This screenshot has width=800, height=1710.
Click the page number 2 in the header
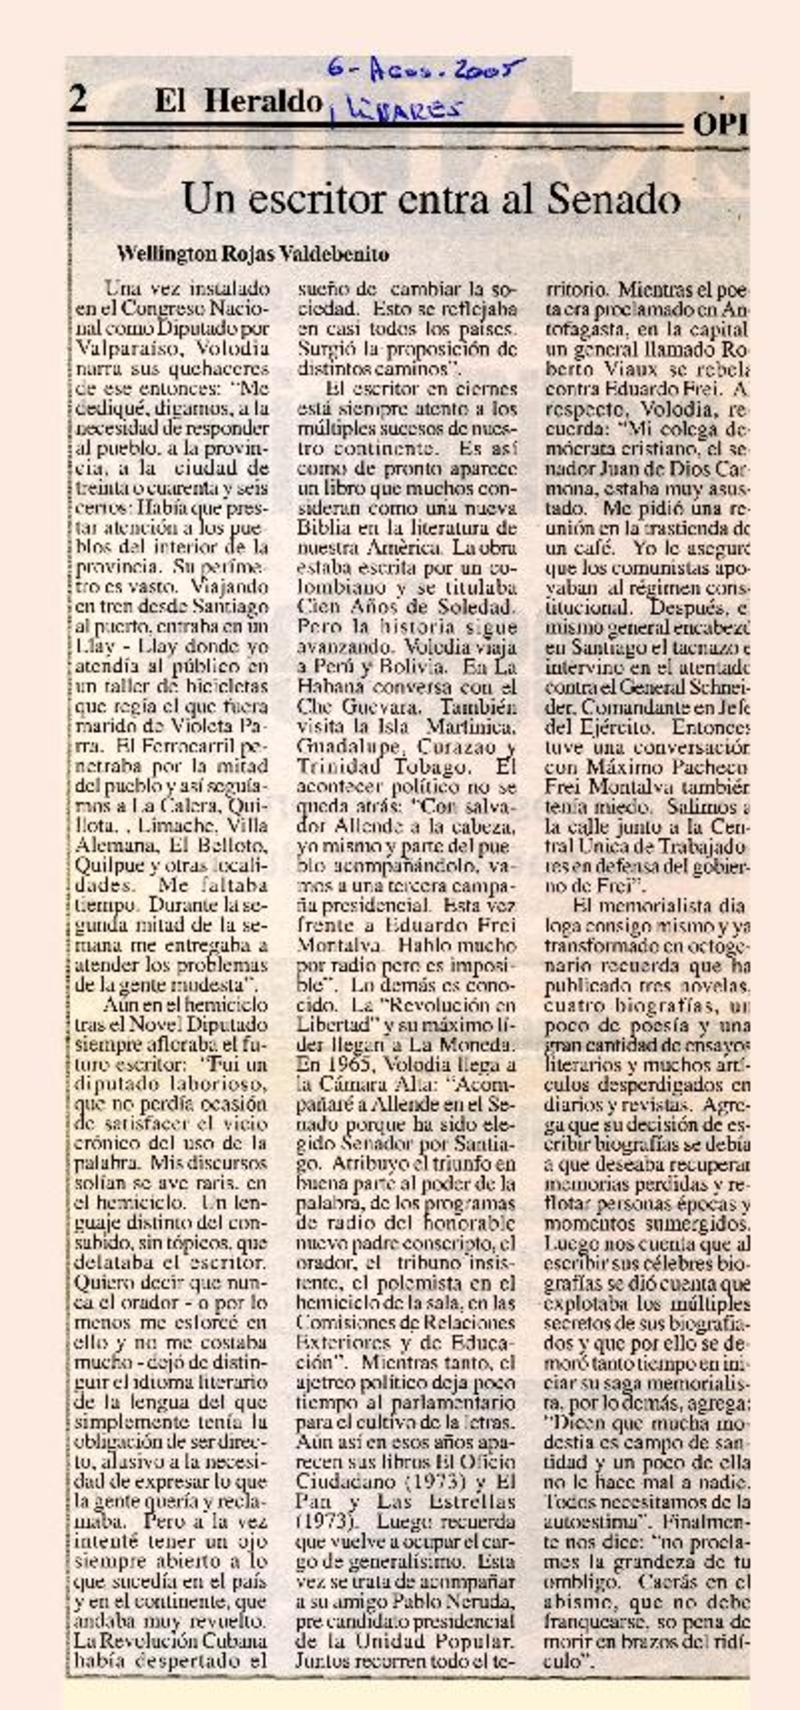(78, 98)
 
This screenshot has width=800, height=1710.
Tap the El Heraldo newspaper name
(238, 101)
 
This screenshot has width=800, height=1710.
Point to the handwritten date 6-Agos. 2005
(427, 72)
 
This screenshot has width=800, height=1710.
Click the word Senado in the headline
(613, 200)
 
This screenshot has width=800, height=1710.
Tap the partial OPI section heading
(720, 124)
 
